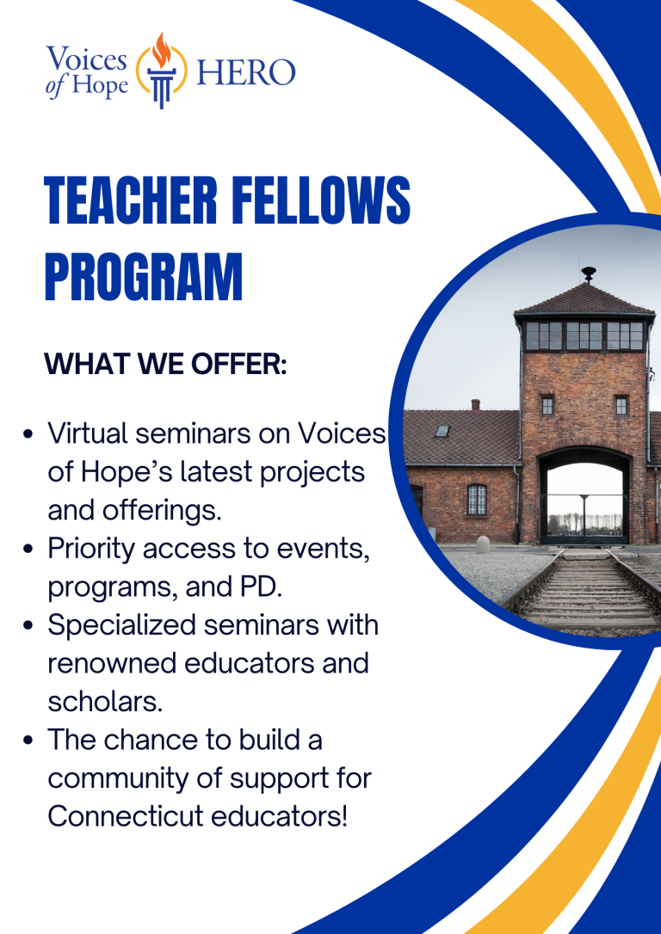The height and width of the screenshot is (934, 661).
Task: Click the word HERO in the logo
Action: click(245, 72)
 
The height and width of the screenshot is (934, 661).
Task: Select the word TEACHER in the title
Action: click(131, 201)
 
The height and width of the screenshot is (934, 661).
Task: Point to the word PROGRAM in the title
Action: click(144, 277)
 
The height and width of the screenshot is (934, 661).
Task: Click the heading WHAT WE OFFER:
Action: click(166, 364)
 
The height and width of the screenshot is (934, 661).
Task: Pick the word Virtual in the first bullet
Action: click(87, 433)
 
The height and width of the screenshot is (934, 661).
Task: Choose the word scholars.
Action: click(105, 702)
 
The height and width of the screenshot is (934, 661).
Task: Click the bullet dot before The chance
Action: click(28, 741)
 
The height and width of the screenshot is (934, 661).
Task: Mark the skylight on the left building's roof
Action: click(442, 431)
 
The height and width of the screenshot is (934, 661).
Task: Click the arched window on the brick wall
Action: click(477, 499)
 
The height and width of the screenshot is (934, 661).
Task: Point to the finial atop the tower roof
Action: click(589, 273)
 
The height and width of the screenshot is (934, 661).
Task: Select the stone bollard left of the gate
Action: click(483, 544)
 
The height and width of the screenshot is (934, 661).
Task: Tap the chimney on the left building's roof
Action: click(475, 404)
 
